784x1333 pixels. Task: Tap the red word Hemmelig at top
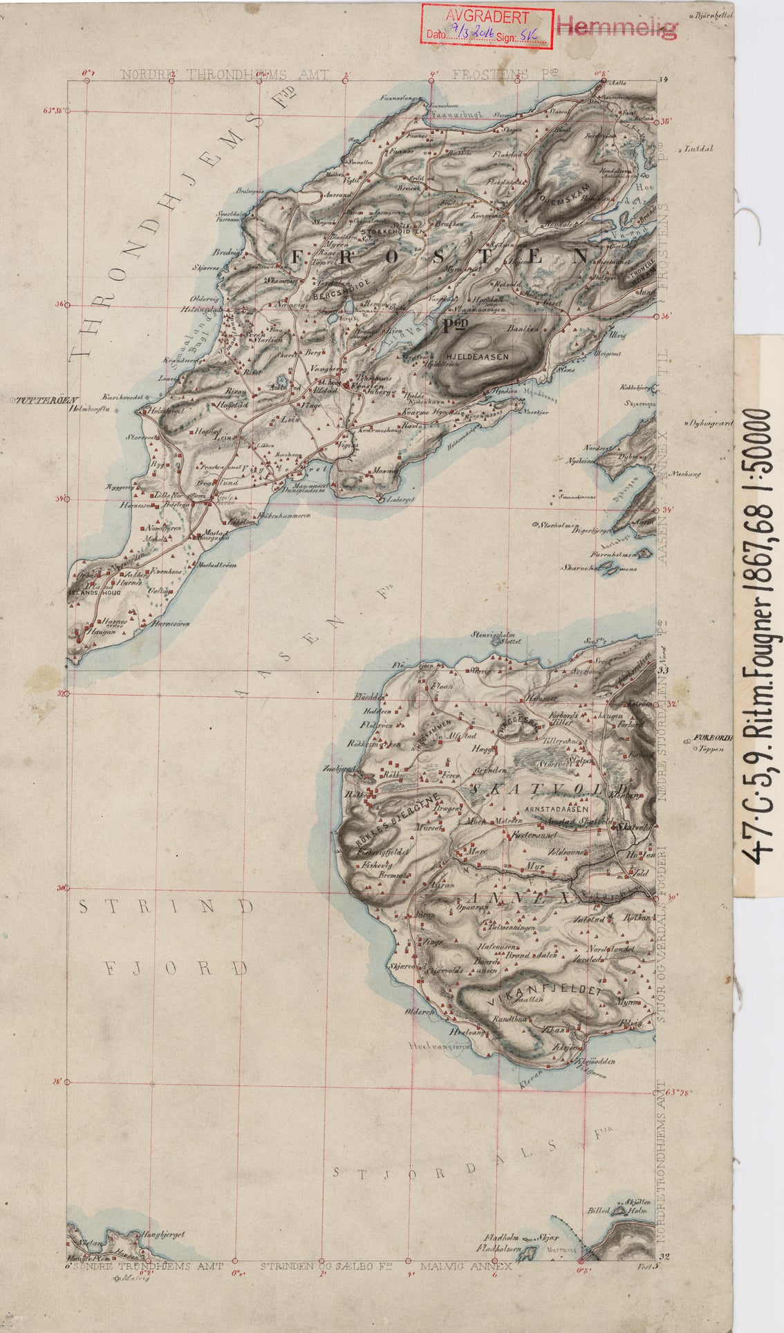coord(617,28)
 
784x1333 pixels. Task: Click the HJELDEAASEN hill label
coord(478,357)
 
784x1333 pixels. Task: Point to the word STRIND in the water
coord(166,906)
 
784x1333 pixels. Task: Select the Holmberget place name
coord(163,413)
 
